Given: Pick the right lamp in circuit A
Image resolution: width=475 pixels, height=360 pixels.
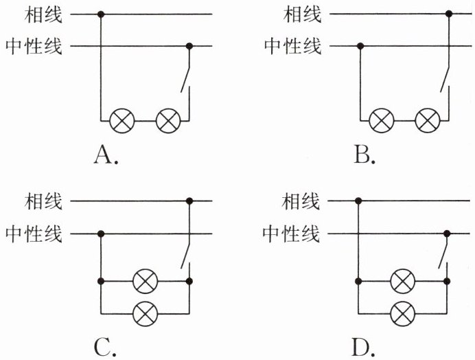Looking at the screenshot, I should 167,121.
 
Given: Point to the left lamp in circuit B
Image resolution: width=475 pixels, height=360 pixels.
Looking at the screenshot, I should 382,121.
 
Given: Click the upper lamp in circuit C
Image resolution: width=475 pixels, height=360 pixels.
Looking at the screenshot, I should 145,281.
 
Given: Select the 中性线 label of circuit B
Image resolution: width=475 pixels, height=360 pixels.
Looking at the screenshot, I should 292,46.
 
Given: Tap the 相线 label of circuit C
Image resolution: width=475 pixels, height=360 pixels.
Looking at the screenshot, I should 43,201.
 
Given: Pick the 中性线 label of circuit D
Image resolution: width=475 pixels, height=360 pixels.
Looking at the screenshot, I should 292,234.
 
